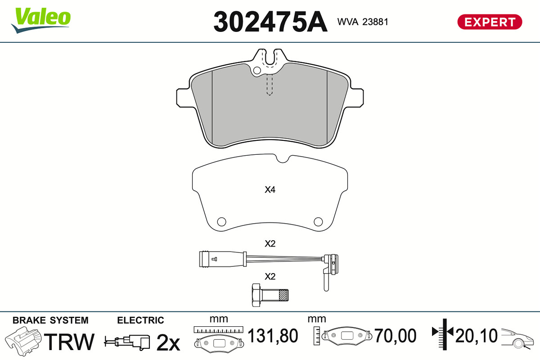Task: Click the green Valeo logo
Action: [41, 20]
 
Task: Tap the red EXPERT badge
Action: [490, 22]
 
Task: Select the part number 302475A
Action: [270, 22]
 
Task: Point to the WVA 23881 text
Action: [363, 22]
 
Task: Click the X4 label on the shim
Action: [270, 190]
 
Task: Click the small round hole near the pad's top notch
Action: [257, 70]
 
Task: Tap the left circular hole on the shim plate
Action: [221, 221]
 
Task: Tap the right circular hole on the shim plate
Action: [318, 221]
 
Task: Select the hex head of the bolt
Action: [256, 295]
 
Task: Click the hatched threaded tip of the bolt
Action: [283, 295]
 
